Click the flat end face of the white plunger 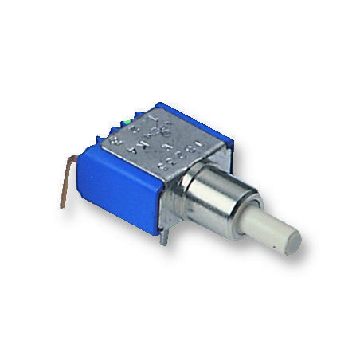[x=288, y=239]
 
